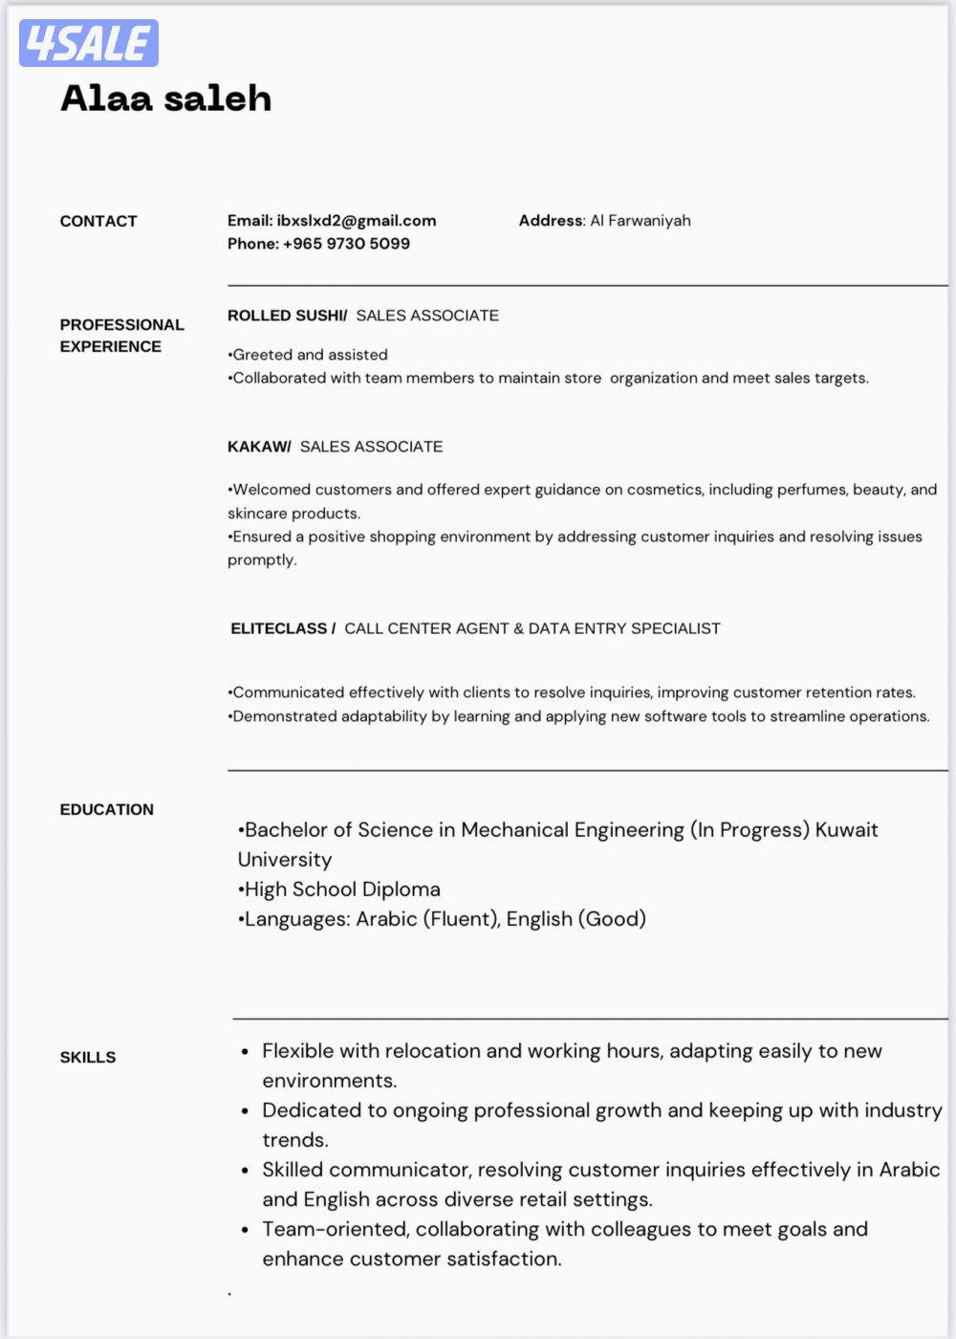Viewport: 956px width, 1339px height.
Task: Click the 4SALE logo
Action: point(88,43)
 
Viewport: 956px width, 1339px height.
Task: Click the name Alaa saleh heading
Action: point(165,99)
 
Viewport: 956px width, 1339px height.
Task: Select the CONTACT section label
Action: point(98,221)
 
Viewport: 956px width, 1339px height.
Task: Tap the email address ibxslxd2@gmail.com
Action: point(357,220)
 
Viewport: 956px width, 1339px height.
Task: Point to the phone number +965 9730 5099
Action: point(346,244)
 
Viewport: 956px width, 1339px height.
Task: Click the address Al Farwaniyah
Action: point(640,220)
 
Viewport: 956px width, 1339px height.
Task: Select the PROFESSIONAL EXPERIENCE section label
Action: point(121,336)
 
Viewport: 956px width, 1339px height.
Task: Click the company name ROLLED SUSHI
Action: point(287,316)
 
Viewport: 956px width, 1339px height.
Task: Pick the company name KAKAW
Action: point(259,447)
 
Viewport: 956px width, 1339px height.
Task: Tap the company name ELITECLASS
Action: point(279,628)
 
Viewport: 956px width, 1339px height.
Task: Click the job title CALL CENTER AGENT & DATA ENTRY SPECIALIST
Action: point(532,628)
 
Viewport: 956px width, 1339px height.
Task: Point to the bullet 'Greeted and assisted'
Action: point(308,355)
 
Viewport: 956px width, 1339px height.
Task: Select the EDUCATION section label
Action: point(106,809)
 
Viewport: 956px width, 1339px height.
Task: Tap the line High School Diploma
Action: point(340,889)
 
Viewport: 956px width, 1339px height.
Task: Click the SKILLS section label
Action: point(88,1057)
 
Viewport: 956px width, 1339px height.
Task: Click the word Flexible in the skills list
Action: point(297,1051)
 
